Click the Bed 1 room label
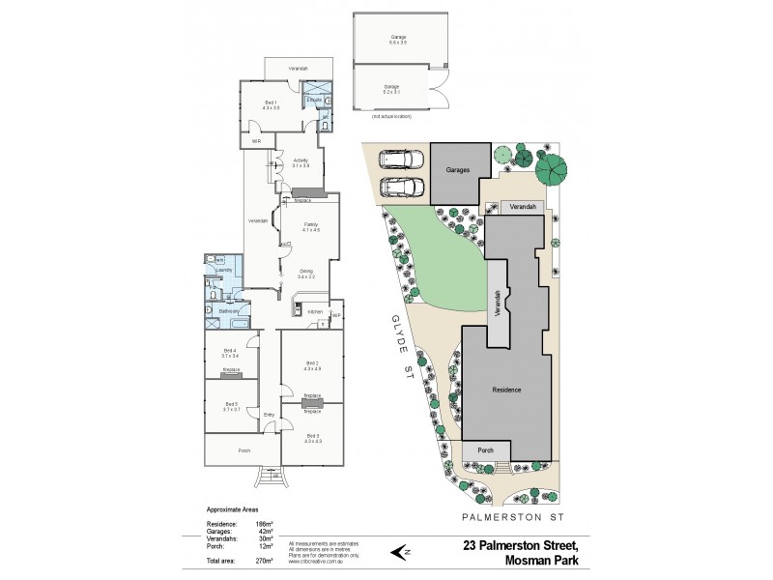271,104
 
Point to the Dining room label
305,273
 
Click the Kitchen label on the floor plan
315,312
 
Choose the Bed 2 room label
311,364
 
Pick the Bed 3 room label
311,439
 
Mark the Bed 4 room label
230,352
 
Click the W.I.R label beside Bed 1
257,142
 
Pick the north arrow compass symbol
400,552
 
